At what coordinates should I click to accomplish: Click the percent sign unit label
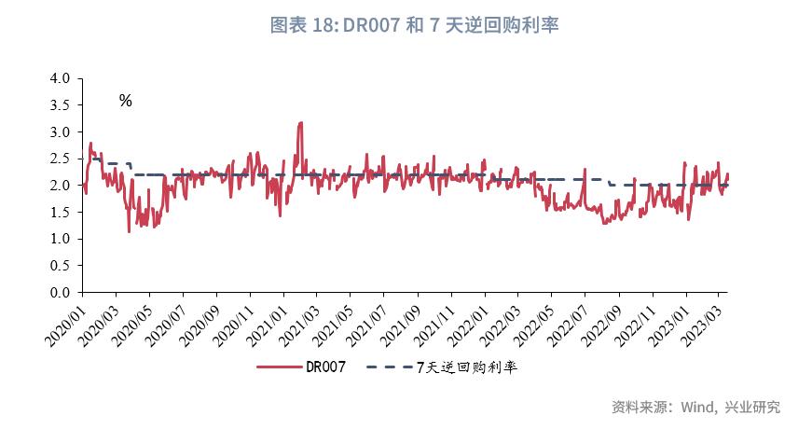(125, 101)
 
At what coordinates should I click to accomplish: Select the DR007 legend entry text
(326, 367)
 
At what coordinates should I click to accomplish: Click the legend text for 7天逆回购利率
(466, 367)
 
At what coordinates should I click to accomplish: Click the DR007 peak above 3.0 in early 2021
(299, 123)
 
